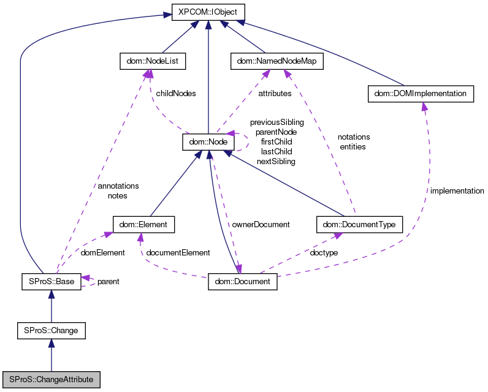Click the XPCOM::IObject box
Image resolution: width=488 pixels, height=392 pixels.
(x=208, y=12)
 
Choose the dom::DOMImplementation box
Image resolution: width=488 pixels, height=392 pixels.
(x=421, y=94)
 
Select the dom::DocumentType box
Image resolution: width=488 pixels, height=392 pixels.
(x=359, y=224)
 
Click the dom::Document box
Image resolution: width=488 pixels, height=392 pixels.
(x=243, y=282)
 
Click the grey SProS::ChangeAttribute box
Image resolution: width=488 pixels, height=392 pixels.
(x=51, y=380)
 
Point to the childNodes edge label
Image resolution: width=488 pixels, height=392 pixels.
(x=176, y=94)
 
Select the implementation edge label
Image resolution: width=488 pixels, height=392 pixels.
(x=457, y=191)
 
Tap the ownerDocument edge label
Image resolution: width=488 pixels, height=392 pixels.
(x=261, y=224)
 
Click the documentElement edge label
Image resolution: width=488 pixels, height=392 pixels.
(x=178, y=252)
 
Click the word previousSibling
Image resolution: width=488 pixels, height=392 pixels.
(x=276, y=123)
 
